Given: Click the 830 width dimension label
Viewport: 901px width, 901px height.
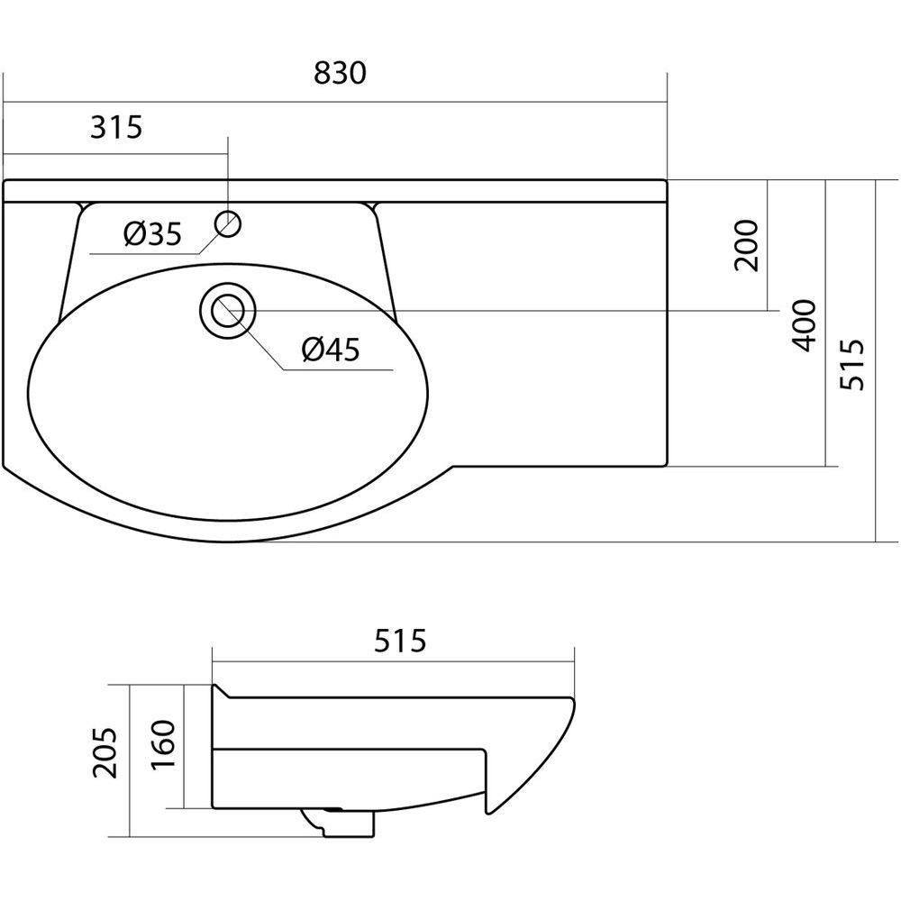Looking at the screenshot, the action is [340, 74].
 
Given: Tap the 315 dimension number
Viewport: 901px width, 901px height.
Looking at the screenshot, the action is [116, 127].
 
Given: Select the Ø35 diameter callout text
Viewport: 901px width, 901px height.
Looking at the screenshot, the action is [152, 234].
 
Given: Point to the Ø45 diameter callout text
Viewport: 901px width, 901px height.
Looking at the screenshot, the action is [331, 350].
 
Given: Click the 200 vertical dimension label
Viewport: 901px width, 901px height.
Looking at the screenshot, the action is [747, 245].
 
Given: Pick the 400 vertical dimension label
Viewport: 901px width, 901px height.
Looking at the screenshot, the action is [804, 325].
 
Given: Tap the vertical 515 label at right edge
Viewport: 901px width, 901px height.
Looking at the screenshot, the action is [851, 365].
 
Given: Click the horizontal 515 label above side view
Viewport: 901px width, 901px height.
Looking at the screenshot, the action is [400, 641].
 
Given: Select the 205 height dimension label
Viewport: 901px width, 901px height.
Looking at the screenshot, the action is [105, 752].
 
